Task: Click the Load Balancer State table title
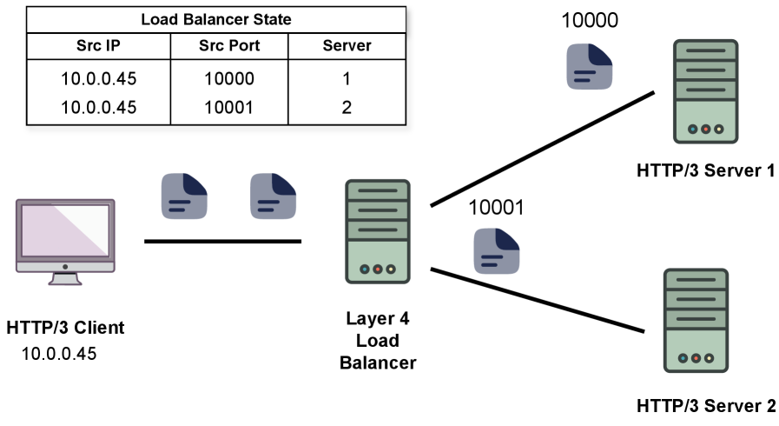tap(215, 19)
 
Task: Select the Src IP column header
tap(98, 45)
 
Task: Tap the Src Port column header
tap(228, 45)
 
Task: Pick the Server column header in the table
tap(347, 45)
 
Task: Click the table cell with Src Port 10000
tap(228, 79)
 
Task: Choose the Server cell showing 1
tap(347, 79)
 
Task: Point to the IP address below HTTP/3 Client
tap(58, 354)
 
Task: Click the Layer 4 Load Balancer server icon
tap(377, 230)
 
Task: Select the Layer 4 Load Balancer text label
tap(377, 341)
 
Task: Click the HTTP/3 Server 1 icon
tap(704, 91)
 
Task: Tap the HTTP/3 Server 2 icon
tap(694, 319)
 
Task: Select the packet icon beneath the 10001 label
tap(495, 251)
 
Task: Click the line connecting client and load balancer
tap(222, 241)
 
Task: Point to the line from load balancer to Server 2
tap(538, 301)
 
